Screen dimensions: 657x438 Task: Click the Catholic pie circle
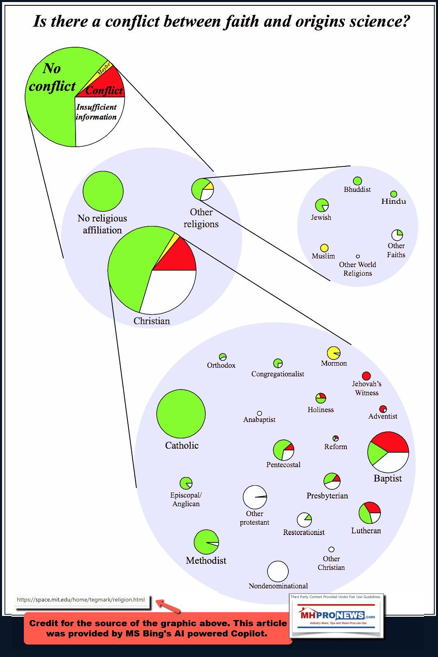(x=181, y=414)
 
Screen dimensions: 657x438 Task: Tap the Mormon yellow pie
(x=333, y=353)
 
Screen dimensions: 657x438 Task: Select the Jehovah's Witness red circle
(x=366, y=376)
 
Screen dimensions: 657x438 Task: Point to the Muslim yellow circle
(x=324, y=248)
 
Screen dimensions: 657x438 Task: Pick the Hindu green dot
(x=394, y=194)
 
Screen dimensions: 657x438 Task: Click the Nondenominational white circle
(x=278, y=571)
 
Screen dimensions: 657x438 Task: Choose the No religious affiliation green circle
(x=103, y=191)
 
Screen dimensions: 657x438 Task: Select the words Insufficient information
(x=96, y=112)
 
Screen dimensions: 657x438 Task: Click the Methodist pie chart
(x=206, y=542)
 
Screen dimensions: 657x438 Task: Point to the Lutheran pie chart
(x=369, y=512)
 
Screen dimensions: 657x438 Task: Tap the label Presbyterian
(x=327, y=496)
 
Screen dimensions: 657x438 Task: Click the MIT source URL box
(x=81, y=599)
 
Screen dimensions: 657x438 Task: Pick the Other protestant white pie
(x=254, y=497)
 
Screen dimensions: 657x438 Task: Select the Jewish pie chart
(x=322, y=205)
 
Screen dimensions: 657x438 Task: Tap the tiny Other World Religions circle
(x=357, y=256)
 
